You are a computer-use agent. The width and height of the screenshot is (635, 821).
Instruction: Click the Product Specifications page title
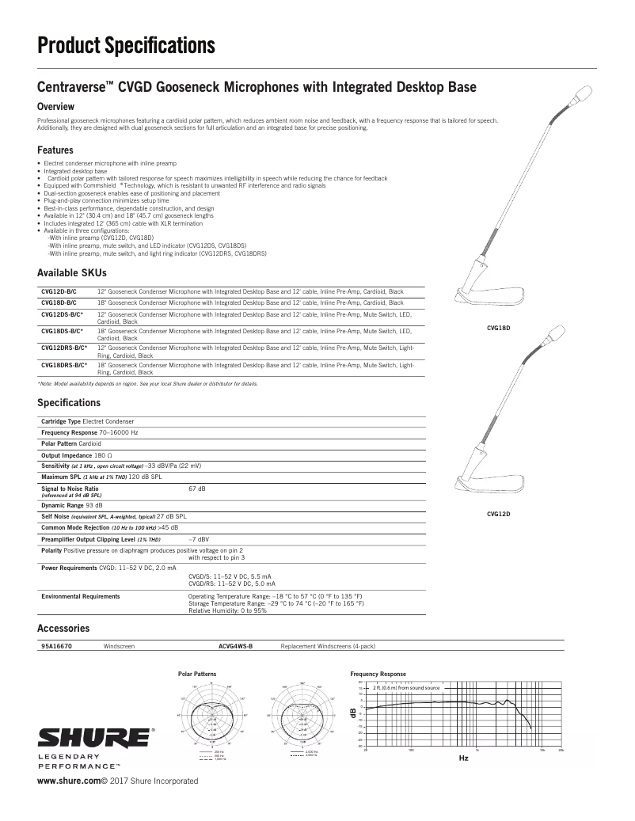(127, 47)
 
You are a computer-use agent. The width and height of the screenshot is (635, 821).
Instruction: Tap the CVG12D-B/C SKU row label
(59, 291)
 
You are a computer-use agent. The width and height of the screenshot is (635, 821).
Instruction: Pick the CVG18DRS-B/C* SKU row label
(63, 365)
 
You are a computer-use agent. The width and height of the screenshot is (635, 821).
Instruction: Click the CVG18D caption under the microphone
(498, 326)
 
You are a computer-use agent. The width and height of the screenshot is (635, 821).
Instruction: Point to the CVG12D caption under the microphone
(498, 515)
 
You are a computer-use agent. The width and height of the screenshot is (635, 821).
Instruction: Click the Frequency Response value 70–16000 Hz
(120, 433)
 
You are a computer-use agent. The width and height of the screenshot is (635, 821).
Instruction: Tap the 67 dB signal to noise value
(197, 489)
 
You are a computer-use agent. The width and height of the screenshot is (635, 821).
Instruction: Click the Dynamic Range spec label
(63, 504)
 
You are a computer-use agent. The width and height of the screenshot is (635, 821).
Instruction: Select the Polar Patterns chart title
(197, 673)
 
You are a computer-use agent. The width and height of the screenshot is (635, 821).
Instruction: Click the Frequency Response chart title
(378, 674)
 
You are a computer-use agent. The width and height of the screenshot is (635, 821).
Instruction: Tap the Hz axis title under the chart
(465, 758)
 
